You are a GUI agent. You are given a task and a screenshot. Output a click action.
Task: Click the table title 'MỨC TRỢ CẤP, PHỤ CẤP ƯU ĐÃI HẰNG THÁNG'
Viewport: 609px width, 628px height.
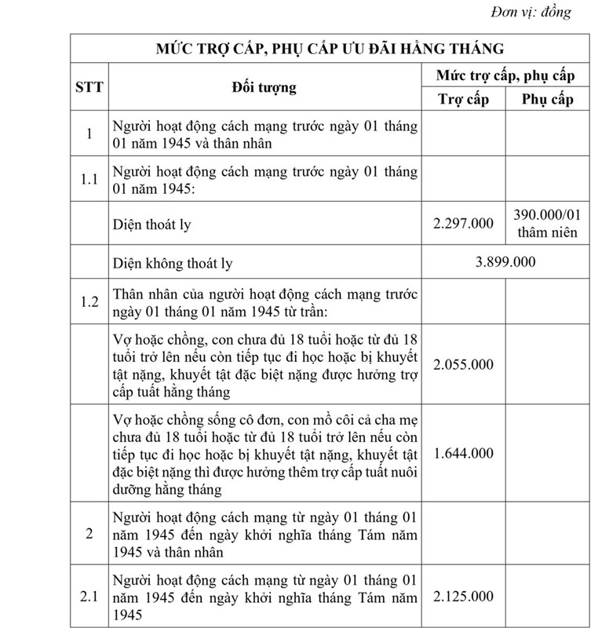click(x=330, y=49)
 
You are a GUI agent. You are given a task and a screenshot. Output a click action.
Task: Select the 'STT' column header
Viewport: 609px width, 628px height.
click(x=89, y=87)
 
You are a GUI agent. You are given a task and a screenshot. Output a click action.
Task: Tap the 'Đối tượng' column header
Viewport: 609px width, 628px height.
click(x=264, y=87)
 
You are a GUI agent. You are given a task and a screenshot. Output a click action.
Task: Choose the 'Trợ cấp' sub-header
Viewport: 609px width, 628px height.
click(x=463, y=99)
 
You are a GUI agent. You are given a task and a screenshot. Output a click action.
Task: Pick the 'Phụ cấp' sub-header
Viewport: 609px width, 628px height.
click(x=547, y=99)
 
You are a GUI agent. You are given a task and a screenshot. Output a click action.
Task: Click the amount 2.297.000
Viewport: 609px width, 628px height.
click(x=463, y=224)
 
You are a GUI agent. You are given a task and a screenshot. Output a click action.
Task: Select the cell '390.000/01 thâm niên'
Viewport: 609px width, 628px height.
click(x=547, y=224)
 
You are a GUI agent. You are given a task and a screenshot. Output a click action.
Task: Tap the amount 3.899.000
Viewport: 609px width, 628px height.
click(x=505, y=261)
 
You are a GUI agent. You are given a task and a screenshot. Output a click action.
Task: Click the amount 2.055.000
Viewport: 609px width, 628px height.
click(x=463, y=364)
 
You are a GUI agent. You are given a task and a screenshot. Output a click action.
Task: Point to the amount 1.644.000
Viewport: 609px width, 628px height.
click(x=463, y=452)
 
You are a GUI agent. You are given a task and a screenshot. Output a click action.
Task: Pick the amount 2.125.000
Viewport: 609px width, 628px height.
click(x=463, y=597)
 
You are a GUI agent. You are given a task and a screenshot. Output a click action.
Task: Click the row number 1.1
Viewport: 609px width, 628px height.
click(x=89, y=179)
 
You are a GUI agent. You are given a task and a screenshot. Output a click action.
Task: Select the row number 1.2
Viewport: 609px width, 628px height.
click(x=89, y=301)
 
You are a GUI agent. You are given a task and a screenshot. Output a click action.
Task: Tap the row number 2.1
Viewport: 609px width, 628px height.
click(x=89, y=597)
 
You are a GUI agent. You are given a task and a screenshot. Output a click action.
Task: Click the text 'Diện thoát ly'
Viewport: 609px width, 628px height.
click(x=151, y=225)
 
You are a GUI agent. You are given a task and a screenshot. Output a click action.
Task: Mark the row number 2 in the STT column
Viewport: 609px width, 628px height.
click(x=89, y=534)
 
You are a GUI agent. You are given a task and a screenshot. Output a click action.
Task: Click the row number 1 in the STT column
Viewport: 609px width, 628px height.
click(x=89, y=134)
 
